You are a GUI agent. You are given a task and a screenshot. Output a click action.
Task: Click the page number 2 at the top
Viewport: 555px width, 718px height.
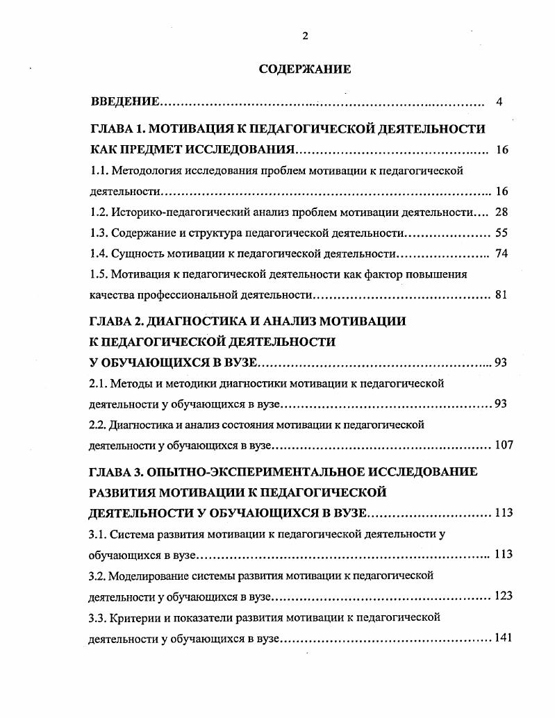305,37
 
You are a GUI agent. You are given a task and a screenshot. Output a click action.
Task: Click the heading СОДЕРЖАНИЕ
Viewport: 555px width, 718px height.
305,69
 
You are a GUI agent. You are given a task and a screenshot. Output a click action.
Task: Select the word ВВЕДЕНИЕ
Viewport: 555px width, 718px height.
126,103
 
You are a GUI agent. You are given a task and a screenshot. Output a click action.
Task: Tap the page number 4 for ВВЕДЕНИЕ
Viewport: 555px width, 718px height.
499,103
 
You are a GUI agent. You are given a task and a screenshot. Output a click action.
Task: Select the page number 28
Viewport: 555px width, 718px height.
502,212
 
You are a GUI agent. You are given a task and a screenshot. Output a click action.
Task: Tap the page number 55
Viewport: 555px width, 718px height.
502,233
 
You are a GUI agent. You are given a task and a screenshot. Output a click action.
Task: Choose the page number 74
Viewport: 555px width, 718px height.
502,254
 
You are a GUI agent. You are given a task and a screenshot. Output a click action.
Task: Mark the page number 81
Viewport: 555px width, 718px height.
502,295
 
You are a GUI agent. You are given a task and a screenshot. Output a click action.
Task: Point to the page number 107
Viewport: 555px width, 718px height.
502,445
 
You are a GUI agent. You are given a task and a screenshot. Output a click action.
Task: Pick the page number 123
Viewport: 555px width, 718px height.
502,596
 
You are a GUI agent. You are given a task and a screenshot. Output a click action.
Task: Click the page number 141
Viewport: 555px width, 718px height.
502,638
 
